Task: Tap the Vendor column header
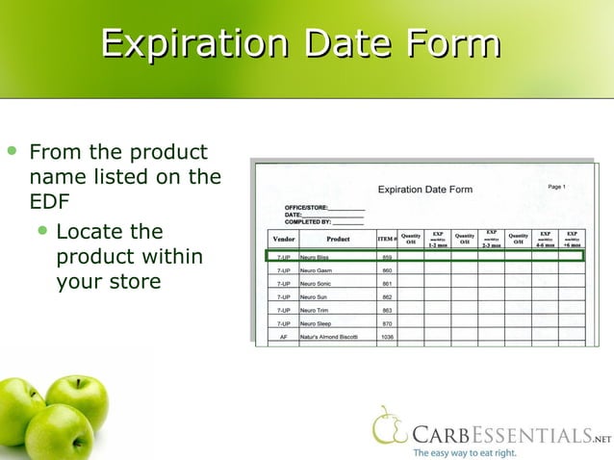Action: click(284, 239)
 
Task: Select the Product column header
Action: click(338, 239)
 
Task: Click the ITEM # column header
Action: click(387, 239)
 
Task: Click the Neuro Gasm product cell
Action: click(317, 271)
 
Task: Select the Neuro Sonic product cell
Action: click(317, 285)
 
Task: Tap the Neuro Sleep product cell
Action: click(317, 324)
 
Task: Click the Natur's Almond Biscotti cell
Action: click(329, 338)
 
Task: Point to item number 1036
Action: click(387, 338)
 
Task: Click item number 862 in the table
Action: click(387, 298)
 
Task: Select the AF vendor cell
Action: click(284, 338)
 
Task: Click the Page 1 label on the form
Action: click(556, 187)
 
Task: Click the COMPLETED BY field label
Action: click(308, 221)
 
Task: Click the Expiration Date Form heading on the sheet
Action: click(424, 190)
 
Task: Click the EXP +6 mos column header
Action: click(572, 239)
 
